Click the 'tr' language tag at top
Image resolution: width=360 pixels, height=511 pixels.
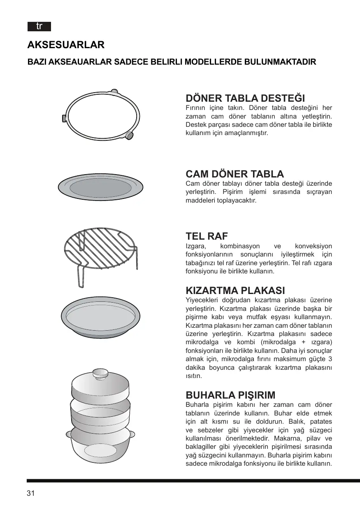coord(39,27)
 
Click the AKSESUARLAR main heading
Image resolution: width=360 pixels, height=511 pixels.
coord(66,44)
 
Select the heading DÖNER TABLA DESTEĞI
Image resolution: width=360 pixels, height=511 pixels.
coord(245,98)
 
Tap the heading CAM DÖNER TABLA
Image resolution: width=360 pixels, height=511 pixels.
coord(235,174)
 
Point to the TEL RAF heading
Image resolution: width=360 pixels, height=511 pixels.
coord(207,236)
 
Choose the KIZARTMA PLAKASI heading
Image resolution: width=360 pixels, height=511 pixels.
coord(235,290)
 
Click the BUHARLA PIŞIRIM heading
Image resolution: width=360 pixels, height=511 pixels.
coord(230,395)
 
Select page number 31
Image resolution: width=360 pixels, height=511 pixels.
coord(30,494)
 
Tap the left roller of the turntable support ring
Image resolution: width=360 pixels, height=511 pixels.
coord(65,119)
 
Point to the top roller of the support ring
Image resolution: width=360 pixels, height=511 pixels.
coord(115,92)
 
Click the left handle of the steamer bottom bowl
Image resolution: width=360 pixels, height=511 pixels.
coord(68,434)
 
